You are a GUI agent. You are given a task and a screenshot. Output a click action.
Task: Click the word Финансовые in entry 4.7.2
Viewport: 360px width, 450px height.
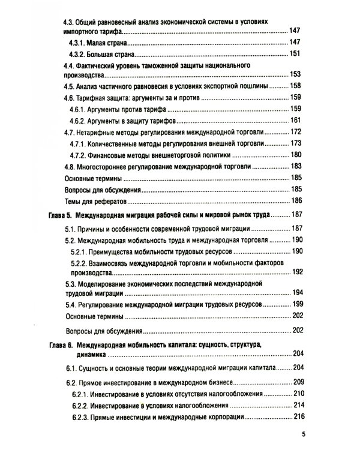[x=112, y=155]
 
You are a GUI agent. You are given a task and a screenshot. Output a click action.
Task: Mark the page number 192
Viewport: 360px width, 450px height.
[x=298, y=271]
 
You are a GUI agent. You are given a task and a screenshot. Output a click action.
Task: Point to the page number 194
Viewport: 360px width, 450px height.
[x=298, y=293]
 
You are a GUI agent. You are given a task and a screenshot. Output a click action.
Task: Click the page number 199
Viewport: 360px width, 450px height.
[x=298, y=304]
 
